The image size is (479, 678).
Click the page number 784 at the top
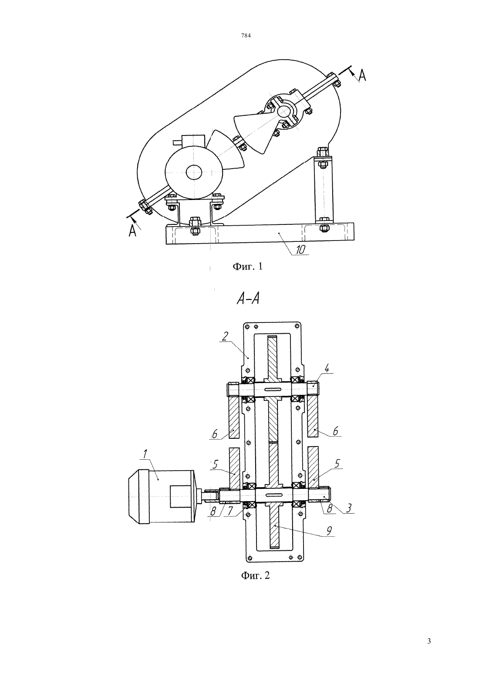pos(246,36)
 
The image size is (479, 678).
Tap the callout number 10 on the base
pos(300,249)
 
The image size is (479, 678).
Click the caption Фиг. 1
pos(247,266)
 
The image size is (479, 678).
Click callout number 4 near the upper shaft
pos(327,369)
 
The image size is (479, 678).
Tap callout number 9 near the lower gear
pos(329,530)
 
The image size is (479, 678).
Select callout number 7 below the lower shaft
pos(231,512)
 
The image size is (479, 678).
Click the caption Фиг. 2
pos(255,575)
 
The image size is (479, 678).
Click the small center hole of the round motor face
pos(194,173)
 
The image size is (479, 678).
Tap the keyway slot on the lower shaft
pos(273,495)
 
